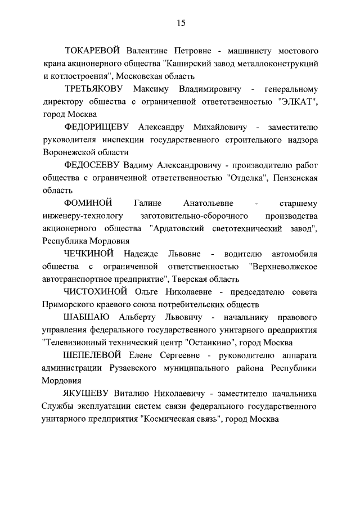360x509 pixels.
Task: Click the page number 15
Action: coord(181,23)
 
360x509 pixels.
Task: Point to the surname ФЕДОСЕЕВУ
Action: coord(93,165)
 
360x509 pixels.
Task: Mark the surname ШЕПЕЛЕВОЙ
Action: coord(95,355)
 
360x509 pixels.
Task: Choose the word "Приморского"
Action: coord(70,305)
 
